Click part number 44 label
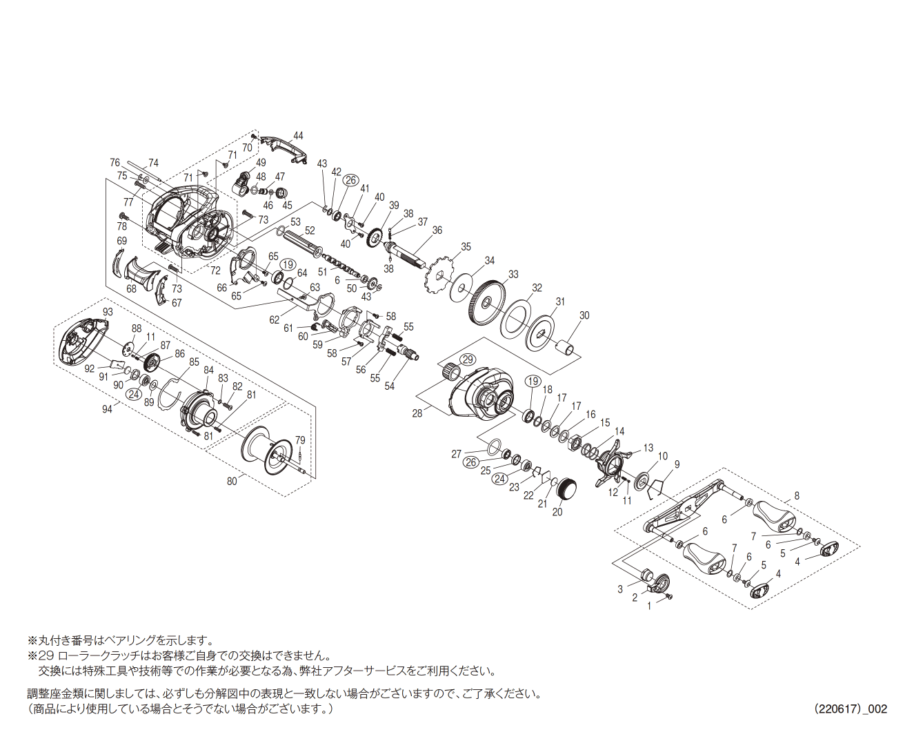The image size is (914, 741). tap(298, 136)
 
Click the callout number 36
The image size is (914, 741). tap(437, 230)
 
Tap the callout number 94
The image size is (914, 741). tap(107, 409)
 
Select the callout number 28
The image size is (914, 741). tap(417, 413)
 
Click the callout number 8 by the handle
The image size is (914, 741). tap(797, 495)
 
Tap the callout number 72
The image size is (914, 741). tap(215, 270)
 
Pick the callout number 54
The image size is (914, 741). tap(389, 386)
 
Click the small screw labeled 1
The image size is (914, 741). tap(669, 596)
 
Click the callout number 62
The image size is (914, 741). tap(275, 319)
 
